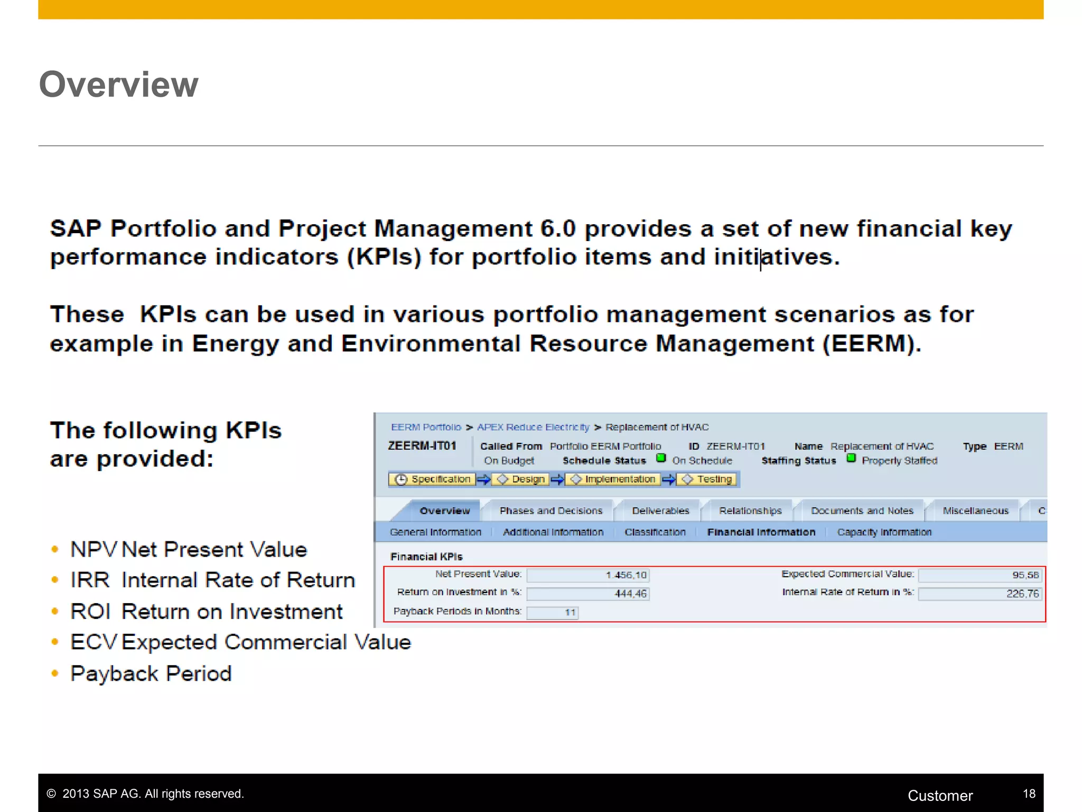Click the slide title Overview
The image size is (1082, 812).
pyautogui.click(x=118, y=85)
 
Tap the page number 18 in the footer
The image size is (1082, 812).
pyautogui.click(x=1029, y=793)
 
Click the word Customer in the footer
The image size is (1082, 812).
pyautogui.click(x=940, y=796)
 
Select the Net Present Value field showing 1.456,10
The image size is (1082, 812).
pyautogui.click(x=587, y=575)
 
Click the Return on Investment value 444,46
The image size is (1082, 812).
pyautogui.click(x=587, y=594)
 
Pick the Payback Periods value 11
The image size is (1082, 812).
pyautogui.click(x=553, y=612)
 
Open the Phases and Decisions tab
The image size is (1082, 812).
pyautogui.click(x=551, y=511)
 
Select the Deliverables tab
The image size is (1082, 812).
pyautogui.click(x=660, y=511)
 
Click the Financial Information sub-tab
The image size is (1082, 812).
pyautogui.click(x=761, y=532)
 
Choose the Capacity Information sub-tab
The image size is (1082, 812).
pyautogui.click(x=884, y=532)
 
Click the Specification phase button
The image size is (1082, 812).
pyautogui.click(x=433, y=479)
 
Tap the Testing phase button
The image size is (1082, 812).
pyautogui.click(x=707, y=479)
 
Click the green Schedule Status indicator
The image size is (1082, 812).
pyautogui.click(x=660, y=458)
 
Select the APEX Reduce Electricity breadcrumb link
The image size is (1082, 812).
pyautogui.click(x=533, y=427)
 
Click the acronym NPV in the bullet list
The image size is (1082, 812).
pyautogui.click(x=93, y=550)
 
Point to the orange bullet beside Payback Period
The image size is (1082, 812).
pyautogui.click(x=55, y=673)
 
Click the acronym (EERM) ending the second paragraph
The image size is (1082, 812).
pyautogui.click(x=871, y=344)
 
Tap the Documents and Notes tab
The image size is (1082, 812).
pyautogui.click(x=862, y=511)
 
